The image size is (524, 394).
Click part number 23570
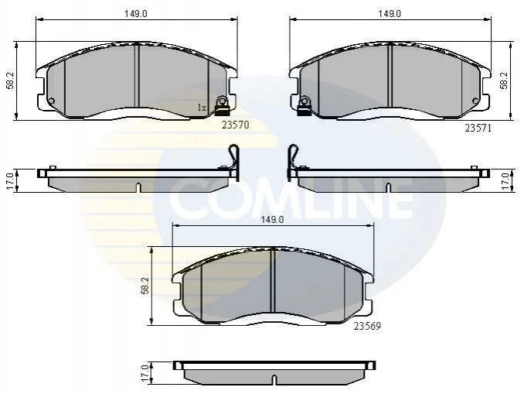coord(235,125)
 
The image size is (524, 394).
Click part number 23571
coord(478,128)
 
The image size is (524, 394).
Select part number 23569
coord(367,326)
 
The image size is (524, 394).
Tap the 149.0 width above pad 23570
coord(136,14)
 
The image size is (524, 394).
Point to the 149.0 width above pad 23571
coord(390,14)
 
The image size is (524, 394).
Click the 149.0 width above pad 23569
coord(272,220)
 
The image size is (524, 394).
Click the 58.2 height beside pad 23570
coord(10,81)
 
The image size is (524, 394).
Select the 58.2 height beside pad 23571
coord(504,81)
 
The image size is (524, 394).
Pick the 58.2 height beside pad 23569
coord(145,286)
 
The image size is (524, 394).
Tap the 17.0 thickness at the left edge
coord(10,181)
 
